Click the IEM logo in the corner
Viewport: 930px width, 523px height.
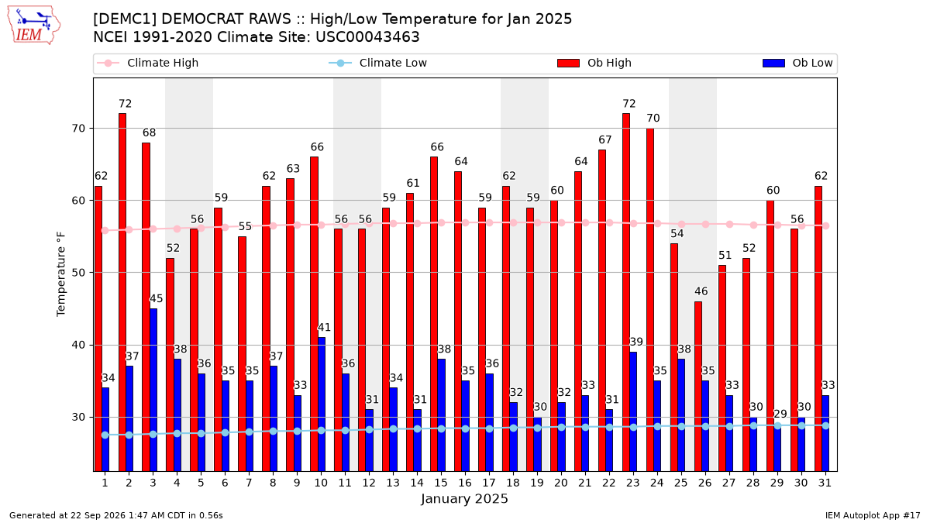pos(34,26)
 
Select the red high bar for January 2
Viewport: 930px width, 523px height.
pos(122,292)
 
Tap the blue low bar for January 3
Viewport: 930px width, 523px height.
pos(153,390)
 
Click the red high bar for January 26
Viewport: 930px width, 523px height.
pos(698,387)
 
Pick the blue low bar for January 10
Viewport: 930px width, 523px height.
pos(322,404)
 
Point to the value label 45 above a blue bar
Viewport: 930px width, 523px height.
pos(156,298)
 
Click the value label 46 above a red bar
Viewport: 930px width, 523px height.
pos(701,291)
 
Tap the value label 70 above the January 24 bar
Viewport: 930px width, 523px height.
pos(653,119)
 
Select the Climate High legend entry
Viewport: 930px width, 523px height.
pos(148,63)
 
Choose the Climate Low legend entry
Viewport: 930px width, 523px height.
pos(378,63)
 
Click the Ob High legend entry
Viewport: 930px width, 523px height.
pos(594,63)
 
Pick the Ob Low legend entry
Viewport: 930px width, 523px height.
pos(797,63)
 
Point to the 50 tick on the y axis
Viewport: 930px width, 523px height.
pos(78,273)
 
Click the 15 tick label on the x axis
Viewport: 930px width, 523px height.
pos(441,483)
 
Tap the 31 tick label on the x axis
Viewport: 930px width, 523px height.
pos(825,483)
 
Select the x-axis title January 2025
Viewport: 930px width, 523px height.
pos(464,498)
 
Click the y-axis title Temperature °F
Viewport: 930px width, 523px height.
pos(61,274)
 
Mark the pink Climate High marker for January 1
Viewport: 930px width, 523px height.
pos(105,230)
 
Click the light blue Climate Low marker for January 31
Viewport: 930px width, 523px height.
pos(825,426)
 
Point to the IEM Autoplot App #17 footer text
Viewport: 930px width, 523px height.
pos(873,515)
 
